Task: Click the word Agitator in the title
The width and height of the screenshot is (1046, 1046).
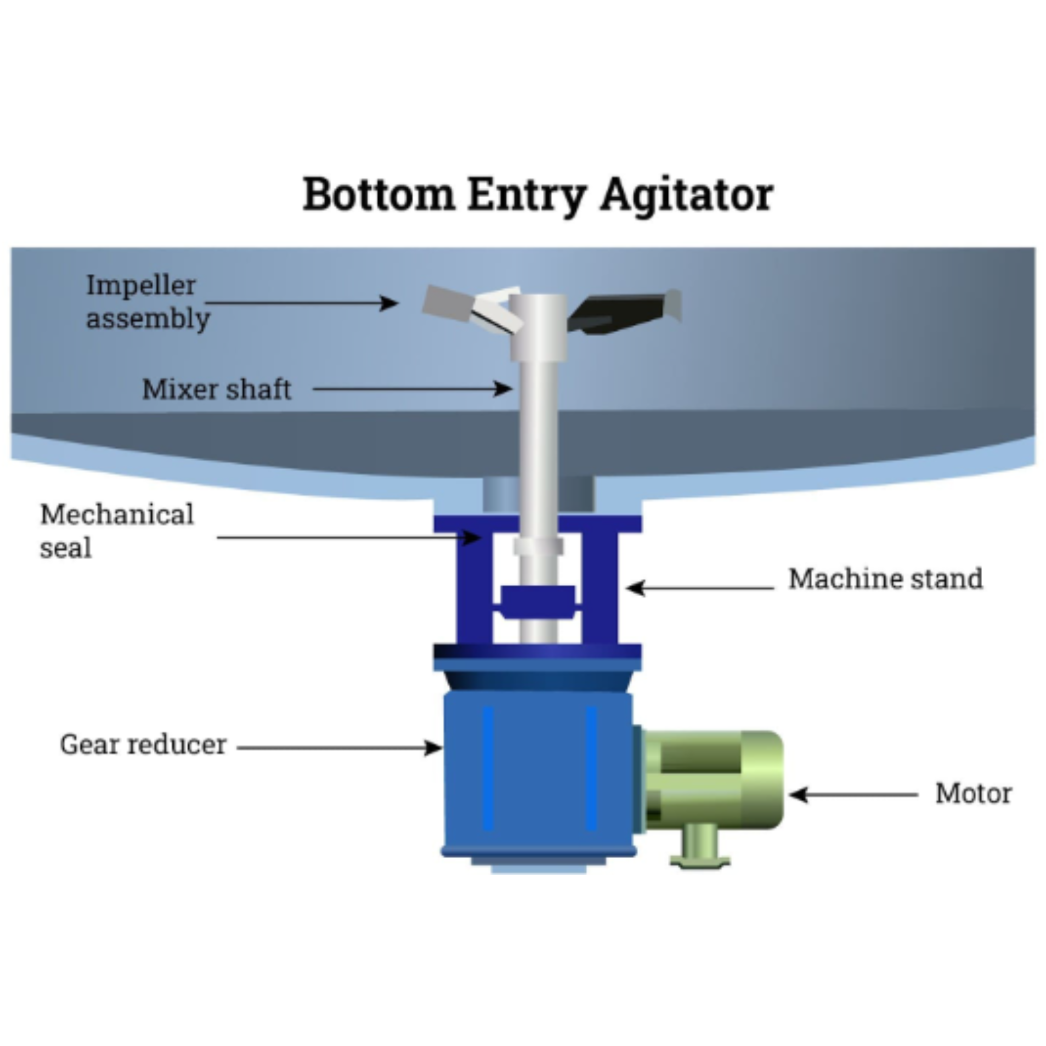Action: [x=687, y=196]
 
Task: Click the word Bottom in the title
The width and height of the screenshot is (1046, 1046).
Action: [x=379, y=195]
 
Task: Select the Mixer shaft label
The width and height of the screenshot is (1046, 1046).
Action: [x=217, y=389]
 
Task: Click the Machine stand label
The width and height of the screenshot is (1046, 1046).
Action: [x=885, y=579]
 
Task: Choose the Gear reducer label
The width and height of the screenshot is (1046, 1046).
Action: [x=143, y=745]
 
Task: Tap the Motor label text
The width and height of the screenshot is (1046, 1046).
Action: [x=973, y=794]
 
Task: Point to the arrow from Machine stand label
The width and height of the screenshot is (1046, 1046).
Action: [x=701, y=587]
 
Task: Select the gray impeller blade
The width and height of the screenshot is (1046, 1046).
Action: [x=447, y=304]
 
